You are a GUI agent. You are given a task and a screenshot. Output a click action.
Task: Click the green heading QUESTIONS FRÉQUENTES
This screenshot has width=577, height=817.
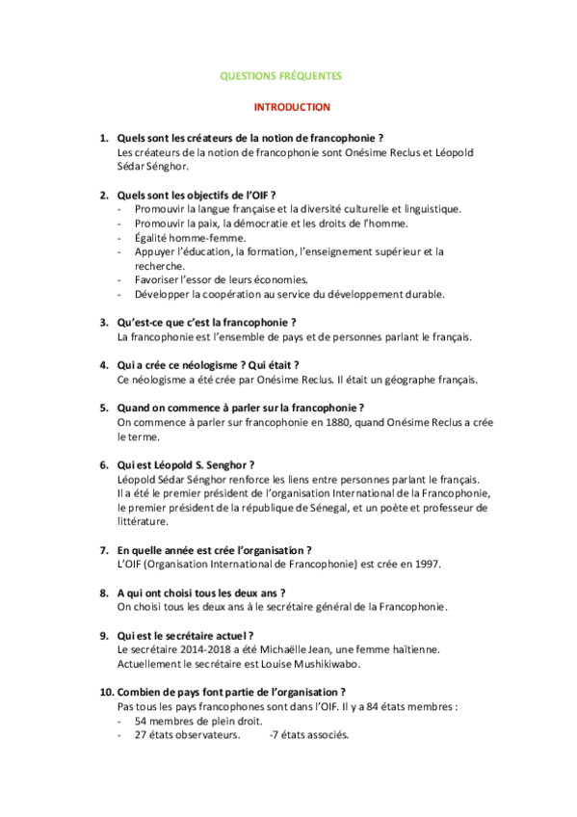tap(281, 75)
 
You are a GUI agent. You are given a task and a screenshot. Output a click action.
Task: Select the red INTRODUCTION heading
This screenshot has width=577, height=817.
tap(292, 107)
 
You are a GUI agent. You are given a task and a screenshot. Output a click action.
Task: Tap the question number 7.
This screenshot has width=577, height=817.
tap(104, 549)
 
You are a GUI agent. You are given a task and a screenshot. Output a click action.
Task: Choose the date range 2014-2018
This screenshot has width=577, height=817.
tap(194, 650)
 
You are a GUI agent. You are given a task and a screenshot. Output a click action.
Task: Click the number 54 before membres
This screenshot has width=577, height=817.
tap(142, 721)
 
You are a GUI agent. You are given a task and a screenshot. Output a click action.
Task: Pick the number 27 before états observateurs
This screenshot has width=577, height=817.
tap(142, 735)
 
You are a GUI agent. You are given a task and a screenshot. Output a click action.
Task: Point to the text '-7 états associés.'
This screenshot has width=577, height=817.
tap(309, 735)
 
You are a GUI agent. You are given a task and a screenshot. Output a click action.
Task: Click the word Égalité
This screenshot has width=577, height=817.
tap(155, 237)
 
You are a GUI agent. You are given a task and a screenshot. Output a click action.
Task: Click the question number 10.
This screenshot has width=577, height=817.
tap(105, 692)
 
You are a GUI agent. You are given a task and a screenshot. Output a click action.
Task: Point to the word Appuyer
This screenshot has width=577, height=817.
tap(157, 251)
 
